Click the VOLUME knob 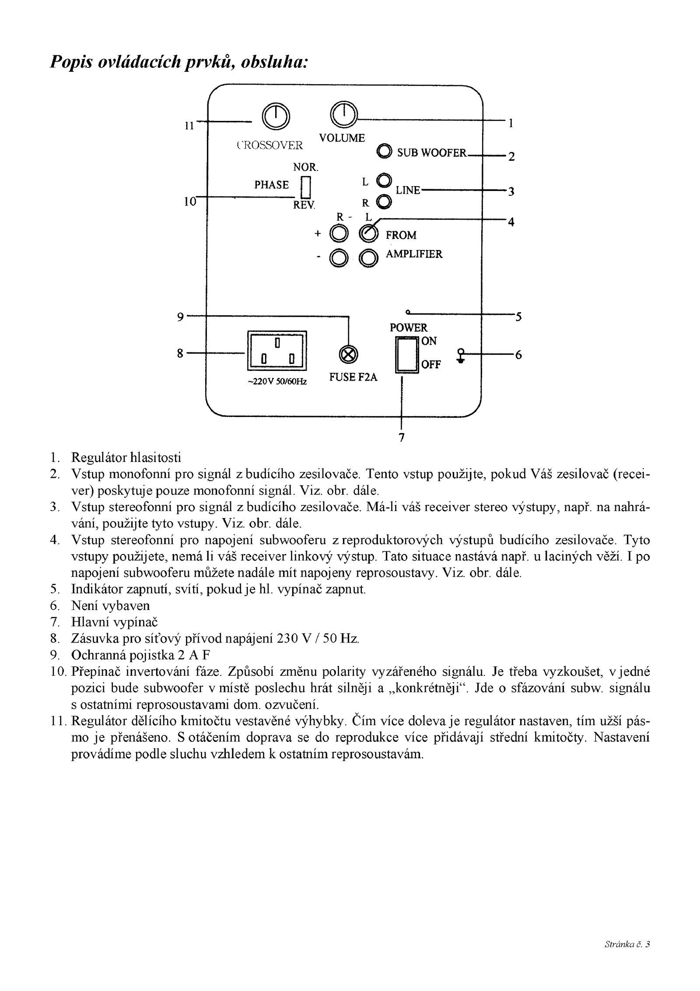(x=344, y=115)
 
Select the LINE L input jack (x=384, y=180)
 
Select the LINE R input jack (x=384, y=201)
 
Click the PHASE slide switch (x=306, y=187)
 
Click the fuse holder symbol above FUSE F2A (x=348, y=354)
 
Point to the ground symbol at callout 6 (x=461, y=355)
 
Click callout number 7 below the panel (x=402, y=437)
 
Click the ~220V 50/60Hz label (x=277, y=382)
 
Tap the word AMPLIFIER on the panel (x=414, y=254)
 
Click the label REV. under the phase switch (x=304, y=205)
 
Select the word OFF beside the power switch (x=431, y=364)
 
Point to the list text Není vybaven (x=110, y=606)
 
